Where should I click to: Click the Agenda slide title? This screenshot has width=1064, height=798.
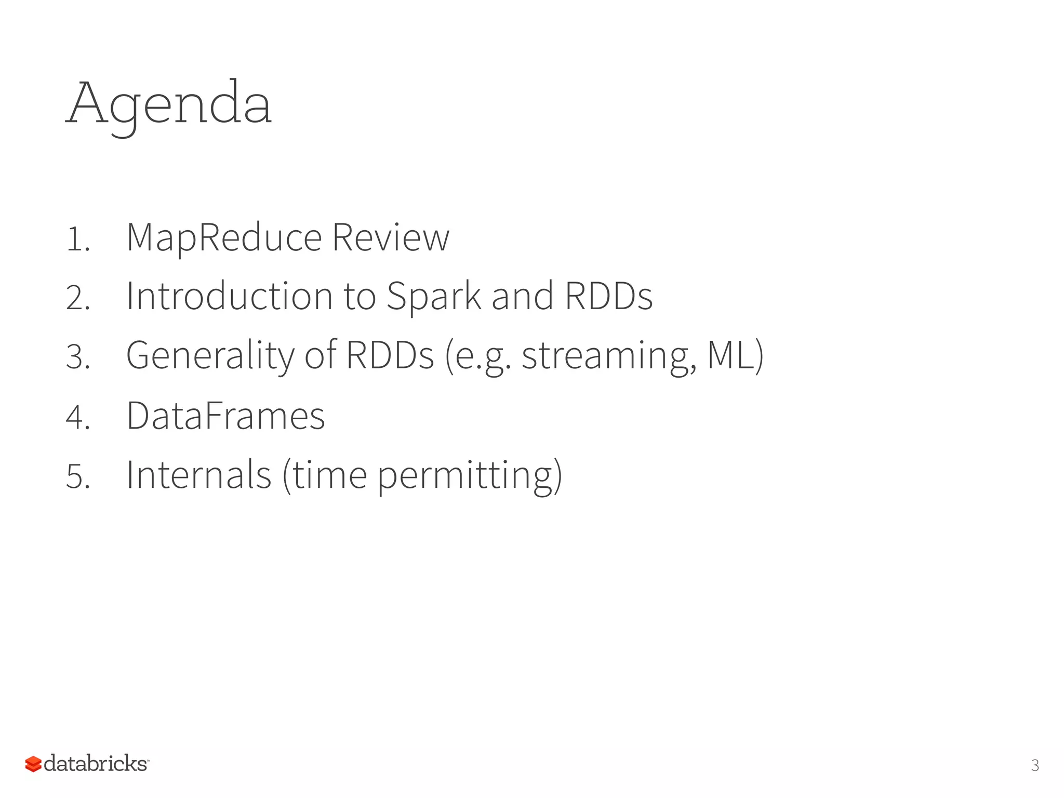[169, 104]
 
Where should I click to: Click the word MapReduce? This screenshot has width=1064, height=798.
[224, 238]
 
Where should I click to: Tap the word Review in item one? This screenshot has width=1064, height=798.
[390, 238]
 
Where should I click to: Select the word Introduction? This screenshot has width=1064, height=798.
[229, 296]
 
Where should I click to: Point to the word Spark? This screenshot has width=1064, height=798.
[434, 296]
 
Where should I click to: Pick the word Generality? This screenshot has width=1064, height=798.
[210, 356]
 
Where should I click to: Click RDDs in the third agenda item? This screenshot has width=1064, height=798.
[390, 356]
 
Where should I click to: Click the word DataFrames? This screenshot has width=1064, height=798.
[225, 416]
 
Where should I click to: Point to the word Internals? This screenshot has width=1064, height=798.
[198, 475]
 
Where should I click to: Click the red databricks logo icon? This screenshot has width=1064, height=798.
[33, 764]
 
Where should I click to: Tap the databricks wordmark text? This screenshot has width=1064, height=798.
[96, 764]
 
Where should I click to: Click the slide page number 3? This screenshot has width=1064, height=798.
[1034, 765]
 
